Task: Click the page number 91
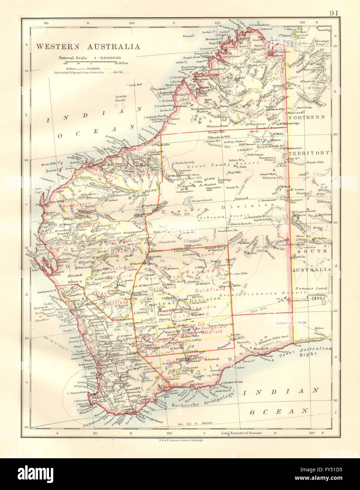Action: point(334,13)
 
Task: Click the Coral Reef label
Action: point(135,85)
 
